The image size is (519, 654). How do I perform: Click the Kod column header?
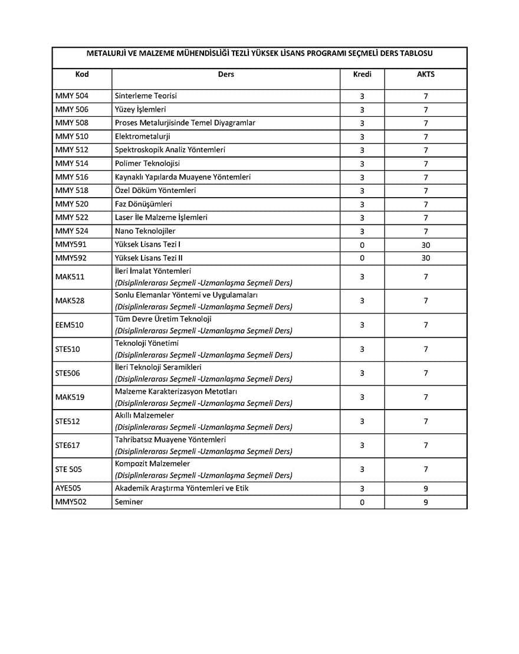coord(82,74)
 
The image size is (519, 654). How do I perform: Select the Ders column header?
coord(226,74)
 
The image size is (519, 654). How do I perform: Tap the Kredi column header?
coord(362,74)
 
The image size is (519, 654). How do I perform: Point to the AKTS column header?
coord(426,74)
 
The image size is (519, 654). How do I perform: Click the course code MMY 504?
coord(72,96)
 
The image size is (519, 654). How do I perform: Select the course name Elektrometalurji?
coord(143,136)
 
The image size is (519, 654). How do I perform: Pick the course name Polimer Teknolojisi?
coord(147,163)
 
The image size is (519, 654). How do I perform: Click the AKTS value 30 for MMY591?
coord(426,245)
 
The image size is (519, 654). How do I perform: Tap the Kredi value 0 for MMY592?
coord(362,258)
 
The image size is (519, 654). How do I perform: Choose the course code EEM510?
coord(70,325)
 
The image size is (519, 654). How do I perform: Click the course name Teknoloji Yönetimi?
coord(147,344)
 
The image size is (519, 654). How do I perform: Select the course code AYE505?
coord(68,489)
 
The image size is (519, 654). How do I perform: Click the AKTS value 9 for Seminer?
coord(426,502)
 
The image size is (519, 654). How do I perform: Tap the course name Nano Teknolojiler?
coord(145,231)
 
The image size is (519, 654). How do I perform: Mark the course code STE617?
coord(68,446)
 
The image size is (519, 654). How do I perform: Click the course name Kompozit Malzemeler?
coord(153,464)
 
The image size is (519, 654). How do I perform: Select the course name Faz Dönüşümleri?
coord(143,204)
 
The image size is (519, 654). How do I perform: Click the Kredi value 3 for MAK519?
coord(362,397)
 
